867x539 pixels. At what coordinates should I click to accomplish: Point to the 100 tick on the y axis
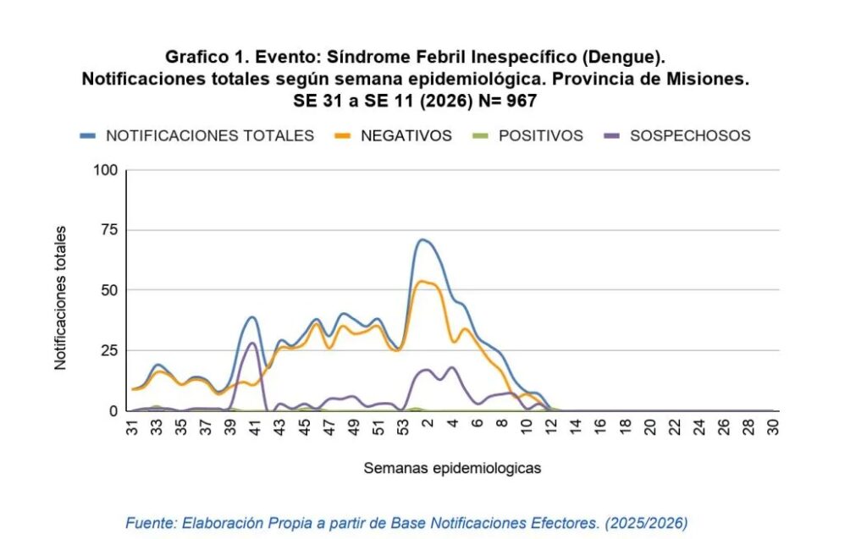tap(106, 170)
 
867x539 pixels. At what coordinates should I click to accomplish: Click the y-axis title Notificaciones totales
tap(60, 297)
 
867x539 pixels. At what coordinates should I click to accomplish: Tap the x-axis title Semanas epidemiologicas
tap(452, 467)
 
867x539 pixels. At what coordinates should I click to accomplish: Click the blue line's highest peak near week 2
tap(422, 239)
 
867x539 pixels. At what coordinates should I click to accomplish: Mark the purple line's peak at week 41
tap(252, 343)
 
